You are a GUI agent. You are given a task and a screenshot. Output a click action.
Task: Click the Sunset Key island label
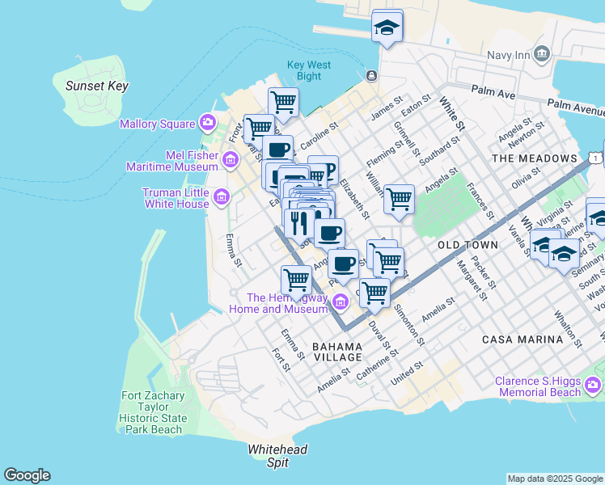[91, 86]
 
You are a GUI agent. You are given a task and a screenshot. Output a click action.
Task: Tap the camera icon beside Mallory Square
[208, 123]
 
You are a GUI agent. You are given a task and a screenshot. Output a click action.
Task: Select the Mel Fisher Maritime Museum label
[172, 160]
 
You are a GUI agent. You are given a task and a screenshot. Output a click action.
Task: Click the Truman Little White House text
[176, 198]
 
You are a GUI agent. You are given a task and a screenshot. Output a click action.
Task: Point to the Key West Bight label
[304, 71]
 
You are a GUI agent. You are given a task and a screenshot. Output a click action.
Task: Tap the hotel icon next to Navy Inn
[541, 54]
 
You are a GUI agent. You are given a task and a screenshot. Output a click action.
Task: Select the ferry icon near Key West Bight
[371, 76]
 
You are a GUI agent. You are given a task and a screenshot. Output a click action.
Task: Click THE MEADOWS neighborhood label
[535, 158]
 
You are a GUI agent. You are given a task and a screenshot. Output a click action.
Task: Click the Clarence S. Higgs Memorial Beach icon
[594, 384]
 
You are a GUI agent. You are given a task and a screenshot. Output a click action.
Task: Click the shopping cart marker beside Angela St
[399, 197]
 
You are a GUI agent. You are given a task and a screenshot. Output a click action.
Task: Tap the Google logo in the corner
[27, 475]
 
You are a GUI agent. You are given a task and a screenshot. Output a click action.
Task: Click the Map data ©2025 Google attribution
[554, 479]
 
